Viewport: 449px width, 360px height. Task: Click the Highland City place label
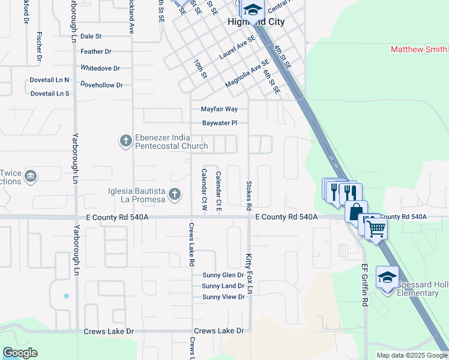pos(250,22)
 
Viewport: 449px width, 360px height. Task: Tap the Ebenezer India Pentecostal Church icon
pos(125,141)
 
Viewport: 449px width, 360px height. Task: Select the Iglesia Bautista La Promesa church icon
pos(174,193)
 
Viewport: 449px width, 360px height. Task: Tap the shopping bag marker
pos(356,211)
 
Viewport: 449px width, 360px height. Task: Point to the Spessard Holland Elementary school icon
pos(387,277)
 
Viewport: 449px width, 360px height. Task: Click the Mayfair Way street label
pos(219,109)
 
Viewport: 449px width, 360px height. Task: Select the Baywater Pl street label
pos(220,123)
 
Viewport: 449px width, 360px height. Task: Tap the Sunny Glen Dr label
pos(223,275)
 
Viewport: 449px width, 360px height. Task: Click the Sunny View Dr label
pos(223,297)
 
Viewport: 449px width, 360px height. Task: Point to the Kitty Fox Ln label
pos(249,274)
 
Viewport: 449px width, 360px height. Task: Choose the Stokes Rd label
pos(248,194)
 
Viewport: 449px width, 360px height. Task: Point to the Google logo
pos(20,353)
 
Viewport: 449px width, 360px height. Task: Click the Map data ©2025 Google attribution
pos(411,355)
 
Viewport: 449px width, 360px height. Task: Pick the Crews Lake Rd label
pos(191,244)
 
